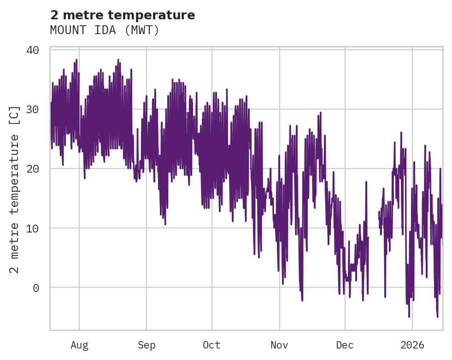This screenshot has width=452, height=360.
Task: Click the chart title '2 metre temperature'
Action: [123, 15]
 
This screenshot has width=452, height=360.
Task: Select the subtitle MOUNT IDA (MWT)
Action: [105, 30]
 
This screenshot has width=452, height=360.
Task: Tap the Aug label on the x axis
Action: [79, 345]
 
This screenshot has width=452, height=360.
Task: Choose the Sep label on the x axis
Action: [147, 345]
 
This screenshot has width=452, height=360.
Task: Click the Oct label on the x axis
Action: [212, 345]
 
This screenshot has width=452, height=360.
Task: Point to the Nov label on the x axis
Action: [279, 345]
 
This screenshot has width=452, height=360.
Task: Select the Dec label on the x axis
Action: [345, 345]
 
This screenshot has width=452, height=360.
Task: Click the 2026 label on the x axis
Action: [412, 345]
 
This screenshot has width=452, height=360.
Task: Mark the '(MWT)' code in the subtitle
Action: [142, 30]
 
